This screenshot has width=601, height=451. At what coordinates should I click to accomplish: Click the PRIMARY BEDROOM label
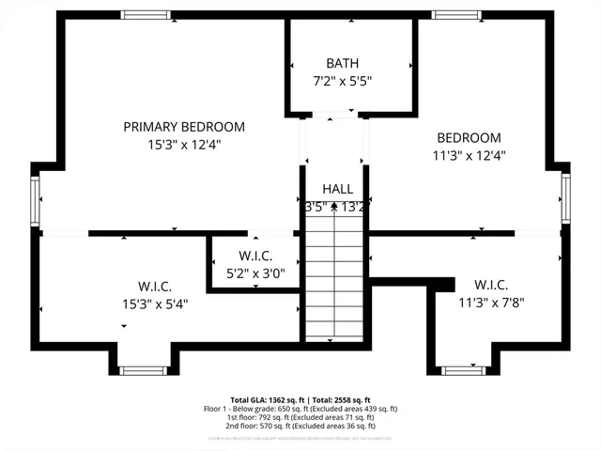pos(184,127)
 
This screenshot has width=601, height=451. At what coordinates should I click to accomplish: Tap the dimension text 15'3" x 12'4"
pos(184,145)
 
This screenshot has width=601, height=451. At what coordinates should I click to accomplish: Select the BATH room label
pos(342,63)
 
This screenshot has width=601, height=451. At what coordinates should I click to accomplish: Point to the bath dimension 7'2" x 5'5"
pos(342,81)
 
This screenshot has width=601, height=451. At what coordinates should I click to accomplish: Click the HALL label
pos(337,189)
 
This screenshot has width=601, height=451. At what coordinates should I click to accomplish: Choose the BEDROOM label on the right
pos(469,137)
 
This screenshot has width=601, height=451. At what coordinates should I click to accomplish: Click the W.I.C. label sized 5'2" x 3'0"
pos(255,256)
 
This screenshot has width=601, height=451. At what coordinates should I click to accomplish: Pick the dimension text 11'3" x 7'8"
pos(491,303)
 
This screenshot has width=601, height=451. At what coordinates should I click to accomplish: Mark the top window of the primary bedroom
pos(146,14)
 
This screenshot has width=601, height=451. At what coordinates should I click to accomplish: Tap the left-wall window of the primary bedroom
pos(35,198)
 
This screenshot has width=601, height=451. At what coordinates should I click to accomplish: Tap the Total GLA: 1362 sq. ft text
pos(264,399)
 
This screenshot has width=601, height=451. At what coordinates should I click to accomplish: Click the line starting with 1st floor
pos(300,417)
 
